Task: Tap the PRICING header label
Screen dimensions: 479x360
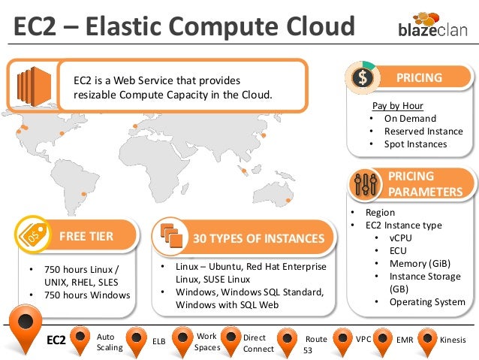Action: point(419,77)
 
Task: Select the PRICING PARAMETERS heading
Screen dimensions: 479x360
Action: point(425,184)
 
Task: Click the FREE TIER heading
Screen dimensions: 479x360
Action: point(86,237)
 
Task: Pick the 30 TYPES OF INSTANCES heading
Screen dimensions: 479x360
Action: point(258,239)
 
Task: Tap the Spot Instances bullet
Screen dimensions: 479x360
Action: point(415,144)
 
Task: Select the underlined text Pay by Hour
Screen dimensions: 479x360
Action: point(397,106)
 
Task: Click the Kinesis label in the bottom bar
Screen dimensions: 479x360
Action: point(452,340)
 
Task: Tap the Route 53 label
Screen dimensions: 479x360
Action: point(315,345)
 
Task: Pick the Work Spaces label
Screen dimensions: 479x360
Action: point(206,342)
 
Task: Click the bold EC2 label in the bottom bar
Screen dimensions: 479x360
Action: point(57,341)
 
